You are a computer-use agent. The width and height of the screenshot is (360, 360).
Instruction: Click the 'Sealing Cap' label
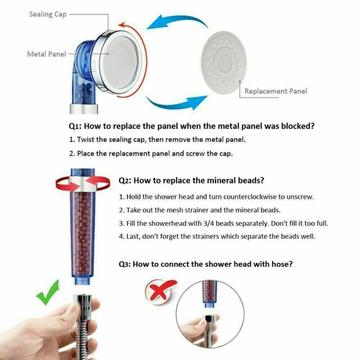48,14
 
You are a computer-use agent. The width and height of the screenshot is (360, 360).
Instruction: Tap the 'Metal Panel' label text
46,54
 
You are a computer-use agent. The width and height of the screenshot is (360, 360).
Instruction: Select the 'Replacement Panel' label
275,91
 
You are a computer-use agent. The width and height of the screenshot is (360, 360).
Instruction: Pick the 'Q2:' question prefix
125,180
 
